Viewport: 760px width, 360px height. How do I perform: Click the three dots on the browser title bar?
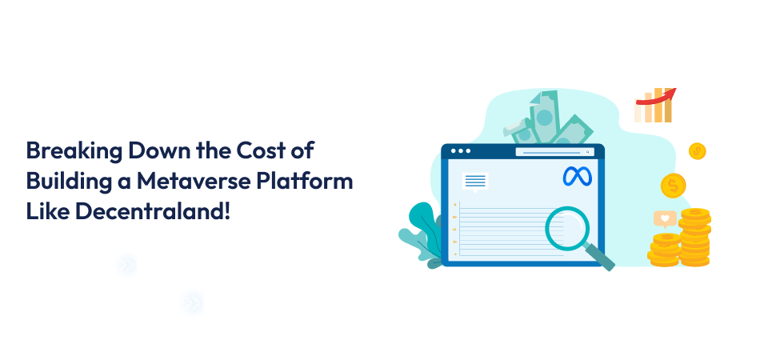point(463,150)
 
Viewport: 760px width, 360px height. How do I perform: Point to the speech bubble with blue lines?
point(474,182)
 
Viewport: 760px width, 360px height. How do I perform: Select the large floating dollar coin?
point(673,186)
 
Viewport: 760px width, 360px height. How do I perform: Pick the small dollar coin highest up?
point(697,150)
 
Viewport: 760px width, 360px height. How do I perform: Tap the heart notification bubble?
point(664,218)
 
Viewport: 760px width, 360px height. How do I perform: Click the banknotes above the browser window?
point(552,120)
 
